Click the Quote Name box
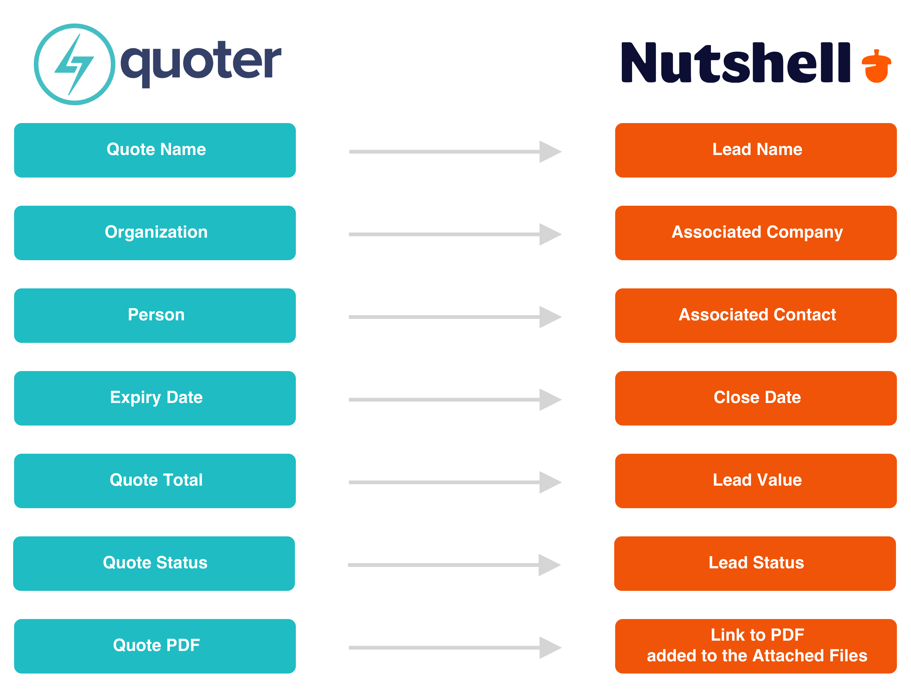pyautogui.click(x=155, y=150)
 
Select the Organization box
pyautogui.click(x=155, y=233)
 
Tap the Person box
pyautogui.click(x=155, y=315)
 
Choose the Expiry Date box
pyautogui.click(x=155, y=398)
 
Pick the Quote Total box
pyautogui.click(x=155, y=480)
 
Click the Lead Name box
pyautogui.click(x=756, y=150)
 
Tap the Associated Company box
pyautogui.click(x=756, y=233)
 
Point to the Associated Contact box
pyautogui.click(x=756, y=315)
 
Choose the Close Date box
pyautogui.click(x=756, y=398)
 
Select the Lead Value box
pyautogui.click(x=756, y=480)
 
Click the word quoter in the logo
pyautogui.click(x=201, y=63)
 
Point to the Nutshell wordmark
pyautogui.click(x=735, y=62)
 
